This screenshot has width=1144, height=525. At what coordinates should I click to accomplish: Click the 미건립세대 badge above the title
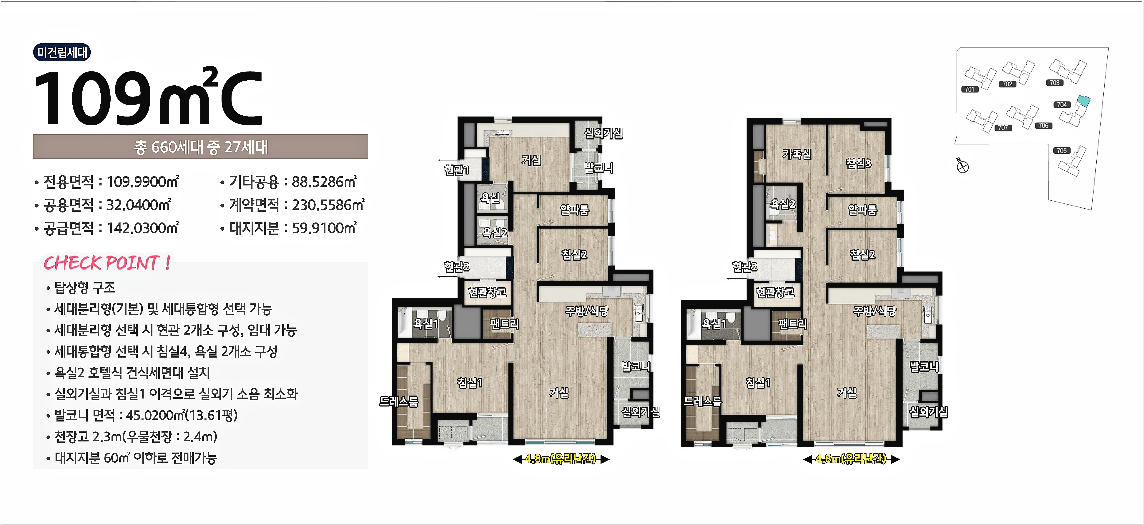[62, 52]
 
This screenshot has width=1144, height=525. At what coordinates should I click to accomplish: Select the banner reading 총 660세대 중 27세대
[201, 147]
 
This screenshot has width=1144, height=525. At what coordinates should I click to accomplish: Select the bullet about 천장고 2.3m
[132, 437]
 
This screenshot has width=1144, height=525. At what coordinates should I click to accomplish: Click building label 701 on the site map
[970, 89]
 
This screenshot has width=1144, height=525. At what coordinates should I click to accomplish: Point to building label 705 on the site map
[1062, 151]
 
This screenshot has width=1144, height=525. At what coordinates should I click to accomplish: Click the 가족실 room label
[797, 154]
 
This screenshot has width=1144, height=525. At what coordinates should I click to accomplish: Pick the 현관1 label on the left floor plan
[457, 170]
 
